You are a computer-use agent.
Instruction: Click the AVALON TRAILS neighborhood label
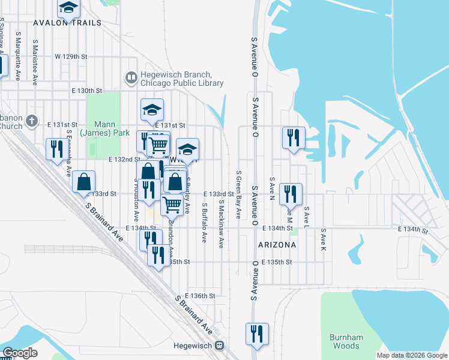coord(67,22)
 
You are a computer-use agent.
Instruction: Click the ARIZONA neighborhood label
coord(277,245)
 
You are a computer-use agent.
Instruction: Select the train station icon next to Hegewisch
coord(220,346)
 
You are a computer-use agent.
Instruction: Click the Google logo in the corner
coord(20,353)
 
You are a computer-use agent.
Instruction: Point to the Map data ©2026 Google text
coord(411,355)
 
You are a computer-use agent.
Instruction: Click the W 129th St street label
coord(71,56)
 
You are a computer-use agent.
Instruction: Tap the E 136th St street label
coord(200,296)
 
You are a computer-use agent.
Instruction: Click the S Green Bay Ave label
coord(238,194)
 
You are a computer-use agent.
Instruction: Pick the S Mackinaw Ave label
coord(221,224)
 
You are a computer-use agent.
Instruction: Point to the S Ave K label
coord(323,239)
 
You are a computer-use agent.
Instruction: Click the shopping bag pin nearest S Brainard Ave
coord(84,182)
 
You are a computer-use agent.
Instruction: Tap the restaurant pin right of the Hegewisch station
coord(257,334)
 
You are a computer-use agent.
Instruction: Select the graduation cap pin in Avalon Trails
coord(68,8)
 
